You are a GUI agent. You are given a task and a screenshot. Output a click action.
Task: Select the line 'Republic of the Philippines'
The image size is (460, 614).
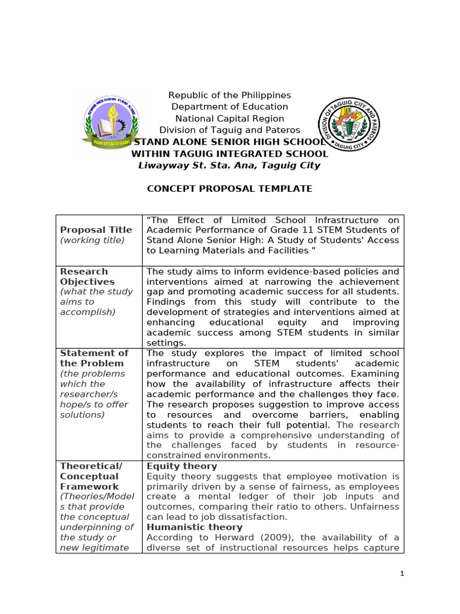[x=229, y=95]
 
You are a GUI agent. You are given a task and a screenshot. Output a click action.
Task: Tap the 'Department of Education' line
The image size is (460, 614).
[x=229, y=107]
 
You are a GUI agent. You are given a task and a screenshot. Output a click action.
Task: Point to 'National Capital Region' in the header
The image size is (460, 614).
[x=229, y=119]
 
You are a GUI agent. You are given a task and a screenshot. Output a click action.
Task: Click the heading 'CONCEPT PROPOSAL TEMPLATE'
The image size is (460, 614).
[x=229, y=188]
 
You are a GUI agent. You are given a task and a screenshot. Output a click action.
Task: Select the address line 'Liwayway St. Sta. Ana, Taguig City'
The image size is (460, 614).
[x=229, y=165]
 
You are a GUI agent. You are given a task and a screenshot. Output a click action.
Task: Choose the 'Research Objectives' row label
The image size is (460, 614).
[x=87, y=276]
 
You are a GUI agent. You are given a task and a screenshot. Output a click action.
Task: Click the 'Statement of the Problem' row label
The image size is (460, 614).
[x=94, y=358]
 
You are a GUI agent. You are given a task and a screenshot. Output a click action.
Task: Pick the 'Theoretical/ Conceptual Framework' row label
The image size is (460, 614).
[x=89, y=476]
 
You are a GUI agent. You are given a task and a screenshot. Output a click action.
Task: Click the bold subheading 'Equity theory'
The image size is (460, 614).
[x=181, y=466]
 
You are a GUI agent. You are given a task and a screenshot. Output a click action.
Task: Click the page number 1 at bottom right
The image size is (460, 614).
[x=402, y=574]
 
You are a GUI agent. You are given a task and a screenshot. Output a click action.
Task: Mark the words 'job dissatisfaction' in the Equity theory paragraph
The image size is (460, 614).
[x=248, y=517]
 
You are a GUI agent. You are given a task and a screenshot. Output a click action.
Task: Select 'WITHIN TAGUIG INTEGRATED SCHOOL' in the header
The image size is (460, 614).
[x=229, y=153]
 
